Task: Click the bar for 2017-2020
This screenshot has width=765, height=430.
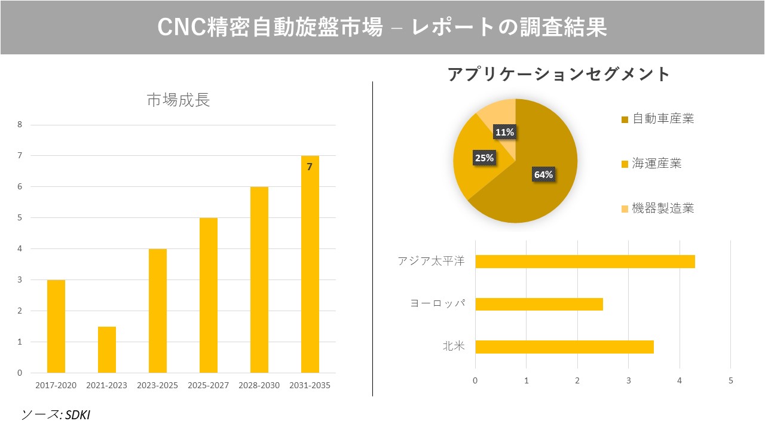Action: tap(56, 326)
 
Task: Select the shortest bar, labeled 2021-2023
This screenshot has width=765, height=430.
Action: tap(107, 349)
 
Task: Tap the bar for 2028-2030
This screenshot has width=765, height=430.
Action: tap(259, 279)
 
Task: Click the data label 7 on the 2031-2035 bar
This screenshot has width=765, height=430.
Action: tap(310, 167)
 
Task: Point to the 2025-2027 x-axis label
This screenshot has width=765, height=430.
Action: tap(209, 385)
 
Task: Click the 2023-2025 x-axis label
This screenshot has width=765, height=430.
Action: tap(158, 385)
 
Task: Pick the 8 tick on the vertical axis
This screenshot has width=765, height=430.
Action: tap(20, 125)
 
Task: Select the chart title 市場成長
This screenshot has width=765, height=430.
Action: tap(178, 100)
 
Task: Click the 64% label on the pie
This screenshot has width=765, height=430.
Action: tap(543, 174)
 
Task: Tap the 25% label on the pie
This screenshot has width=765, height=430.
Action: tap(484, 158)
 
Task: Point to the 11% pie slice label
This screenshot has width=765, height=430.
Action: tap(504, 132)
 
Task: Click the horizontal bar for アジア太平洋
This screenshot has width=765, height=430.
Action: tap(585, 262)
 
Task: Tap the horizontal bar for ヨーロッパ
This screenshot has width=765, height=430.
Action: tap(538, 304)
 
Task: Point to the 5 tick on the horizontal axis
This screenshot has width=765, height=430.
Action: tap(730, 380)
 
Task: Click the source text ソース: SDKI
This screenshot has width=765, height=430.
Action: tap(55, 414)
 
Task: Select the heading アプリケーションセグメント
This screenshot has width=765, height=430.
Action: tap(559, 75)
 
